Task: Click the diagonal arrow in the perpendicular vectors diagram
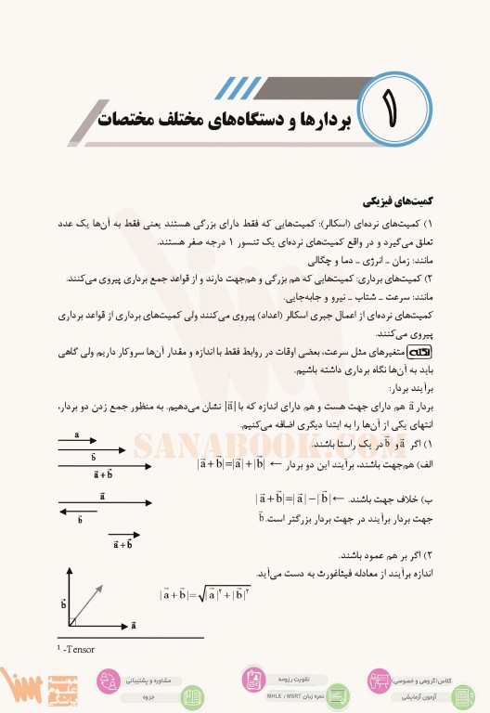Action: (86, 606)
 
